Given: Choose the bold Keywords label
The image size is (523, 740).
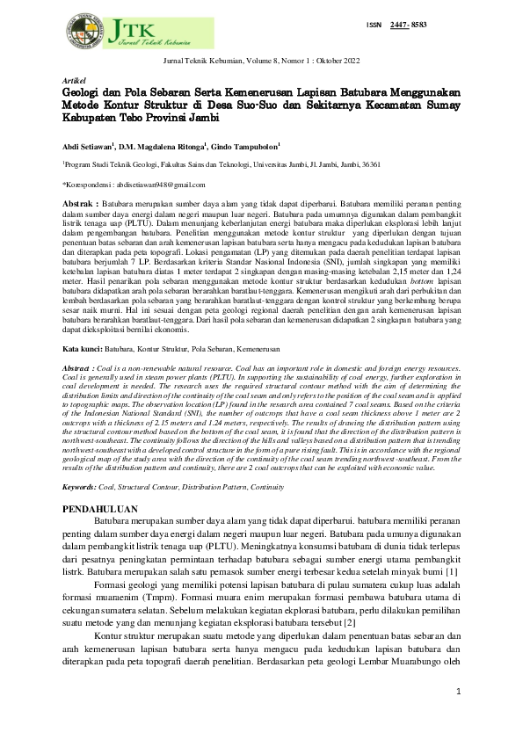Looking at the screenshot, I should pyautogui.click(x=80, y=485).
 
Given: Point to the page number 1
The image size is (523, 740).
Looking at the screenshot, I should pyautogui.click(x=458, y=692).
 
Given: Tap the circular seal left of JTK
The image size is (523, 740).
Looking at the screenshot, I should pyautogui.click(x=83, y=30).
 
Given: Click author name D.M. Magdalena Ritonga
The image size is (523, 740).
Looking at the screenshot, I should pyautogui.click(x=171, y=146).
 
